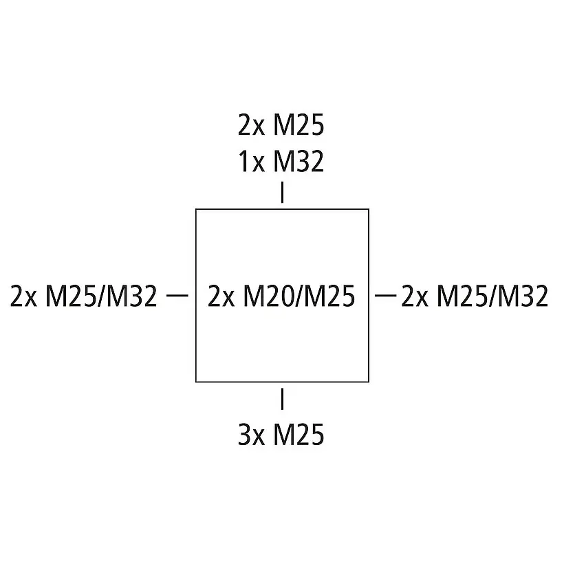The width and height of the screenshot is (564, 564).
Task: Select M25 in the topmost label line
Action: click(x=298, y=127)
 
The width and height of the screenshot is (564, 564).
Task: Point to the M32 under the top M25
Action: click(x=298, y=162)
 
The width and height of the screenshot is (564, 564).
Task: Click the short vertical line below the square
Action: click(x=282, y=399)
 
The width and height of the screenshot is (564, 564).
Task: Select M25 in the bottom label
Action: click(x=298, y=435)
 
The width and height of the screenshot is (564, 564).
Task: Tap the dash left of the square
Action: click(x=178, y=296)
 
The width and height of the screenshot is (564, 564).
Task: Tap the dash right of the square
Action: click(x=386, y=296)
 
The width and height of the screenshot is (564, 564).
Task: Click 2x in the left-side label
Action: click(x=25, y=296)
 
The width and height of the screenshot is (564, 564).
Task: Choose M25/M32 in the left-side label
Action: click(x=101, y=296)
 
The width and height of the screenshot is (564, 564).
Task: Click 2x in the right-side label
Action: click(x=415, y=296)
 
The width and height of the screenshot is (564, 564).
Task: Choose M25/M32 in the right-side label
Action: click(x=492, y=296)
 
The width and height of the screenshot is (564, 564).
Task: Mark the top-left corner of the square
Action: click(x=196, y=209)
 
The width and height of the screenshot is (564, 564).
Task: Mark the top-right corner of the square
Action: click(x=369, y=209)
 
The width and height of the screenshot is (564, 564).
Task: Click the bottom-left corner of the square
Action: click(x=196, y=381)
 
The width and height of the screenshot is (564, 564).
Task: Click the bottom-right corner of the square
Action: click(x=369, y=381)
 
